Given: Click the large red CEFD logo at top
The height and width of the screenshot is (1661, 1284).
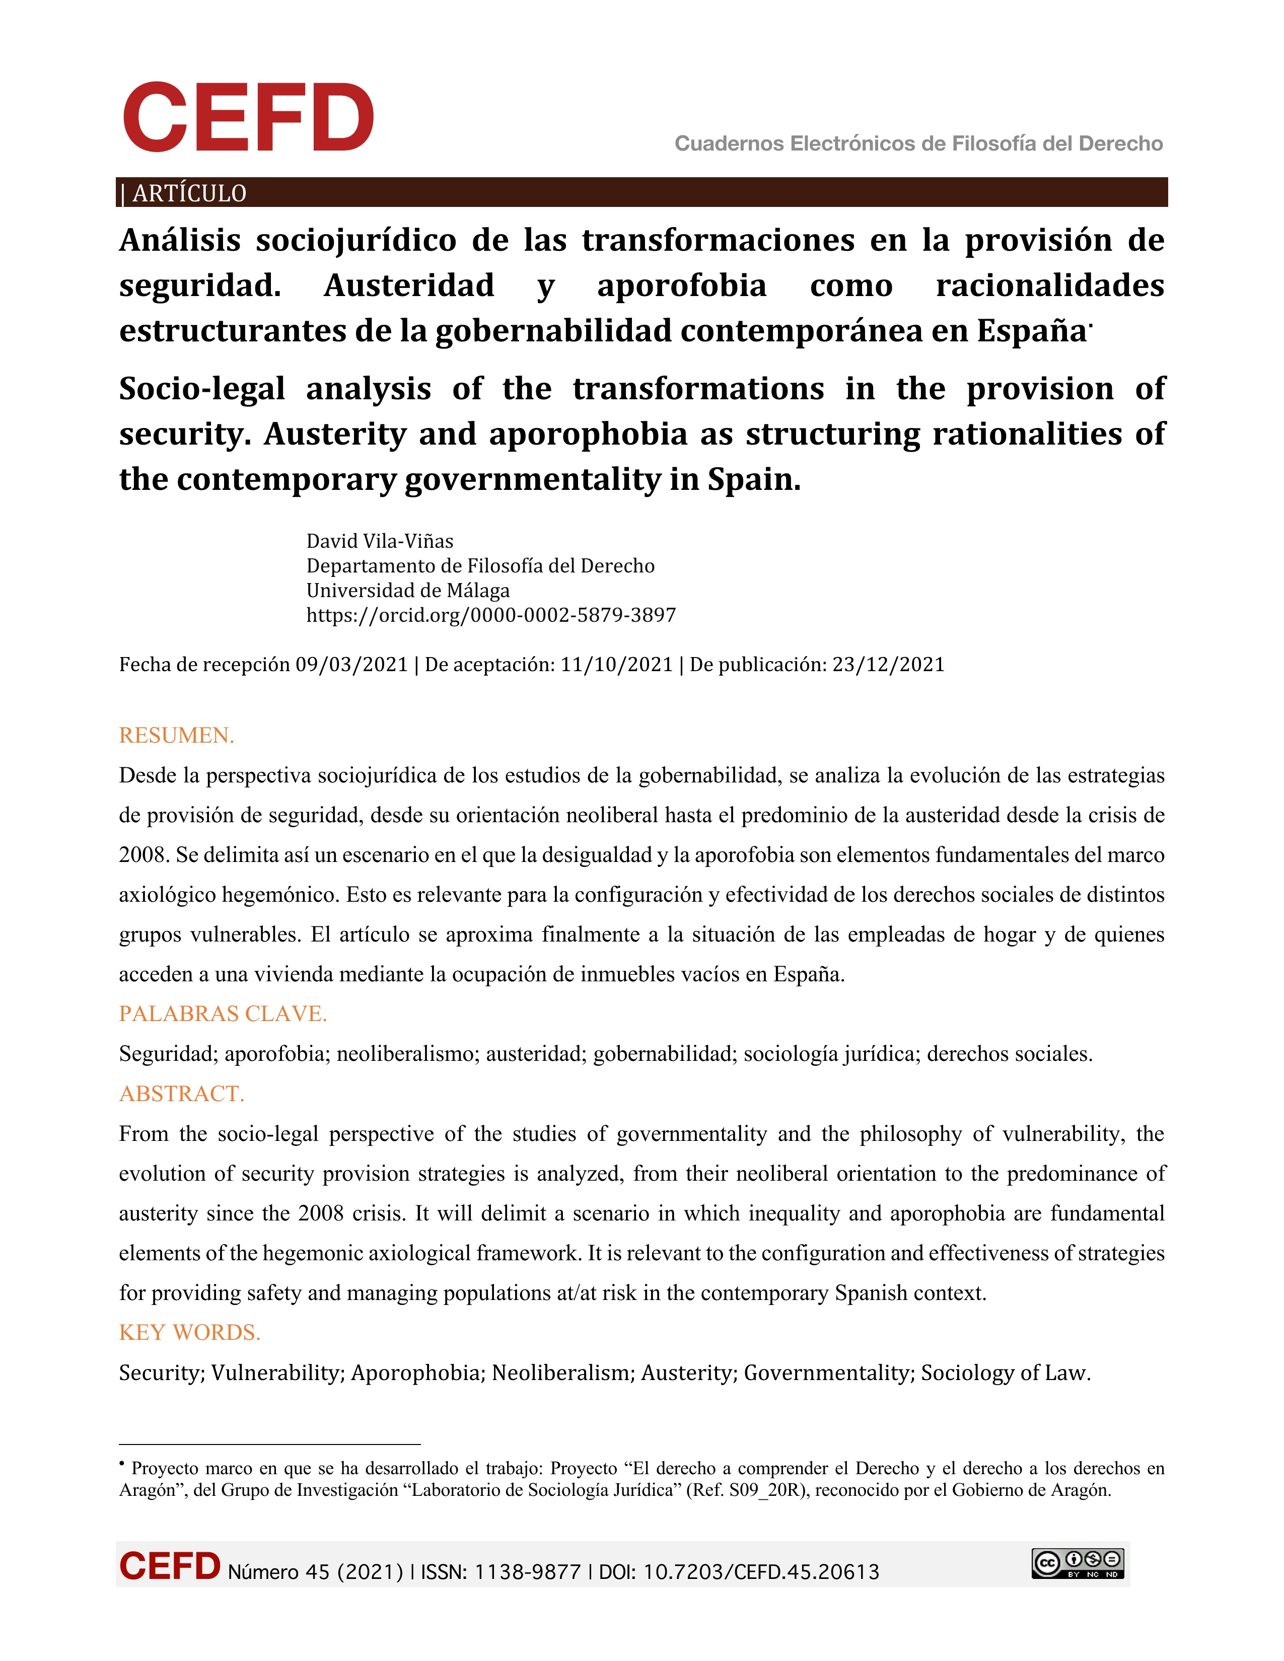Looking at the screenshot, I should coord(248,118).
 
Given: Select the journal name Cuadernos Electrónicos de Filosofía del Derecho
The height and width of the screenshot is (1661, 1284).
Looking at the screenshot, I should coord(918,143).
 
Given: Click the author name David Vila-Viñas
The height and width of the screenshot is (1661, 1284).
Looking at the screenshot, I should coord(380,541).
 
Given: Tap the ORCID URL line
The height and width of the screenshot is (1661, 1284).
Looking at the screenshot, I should coord(490,615).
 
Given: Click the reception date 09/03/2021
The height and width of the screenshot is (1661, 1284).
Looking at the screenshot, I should coord(351,665).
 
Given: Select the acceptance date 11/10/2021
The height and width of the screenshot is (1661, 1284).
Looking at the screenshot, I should coord(616,665).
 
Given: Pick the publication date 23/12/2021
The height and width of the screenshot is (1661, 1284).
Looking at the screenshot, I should coord(888,665).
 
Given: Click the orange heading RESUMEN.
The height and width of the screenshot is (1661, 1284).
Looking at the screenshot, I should coord(176,736).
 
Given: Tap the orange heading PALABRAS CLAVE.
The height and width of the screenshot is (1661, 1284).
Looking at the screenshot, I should coord(223,1014).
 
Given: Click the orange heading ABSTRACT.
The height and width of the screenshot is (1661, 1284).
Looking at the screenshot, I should coord(182,1094).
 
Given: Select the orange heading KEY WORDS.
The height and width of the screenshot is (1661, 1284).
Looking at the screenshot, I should coord(189,1332).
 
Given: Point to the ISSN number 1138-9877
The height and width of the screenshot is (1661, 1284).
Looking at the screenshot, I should coord(527,1572).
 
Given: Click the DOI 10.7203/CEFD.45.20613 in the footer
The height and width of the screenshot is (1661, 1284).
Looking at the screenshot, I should coord(761,1572).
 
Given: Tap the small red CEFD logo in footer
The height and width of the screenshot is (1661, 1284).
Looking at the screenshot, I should coord(170,1567).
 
